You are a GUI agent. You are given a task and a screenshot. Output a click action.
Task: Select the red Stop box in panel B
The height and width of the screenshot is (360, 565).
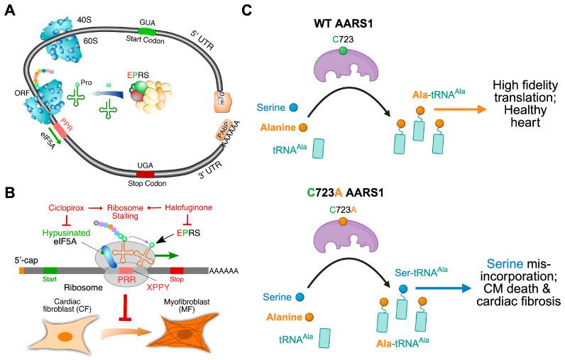coord(196,270)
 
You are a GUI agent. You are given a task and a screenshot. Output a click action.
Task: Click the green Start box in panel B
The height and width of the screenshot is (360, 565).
coord(50,270)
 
